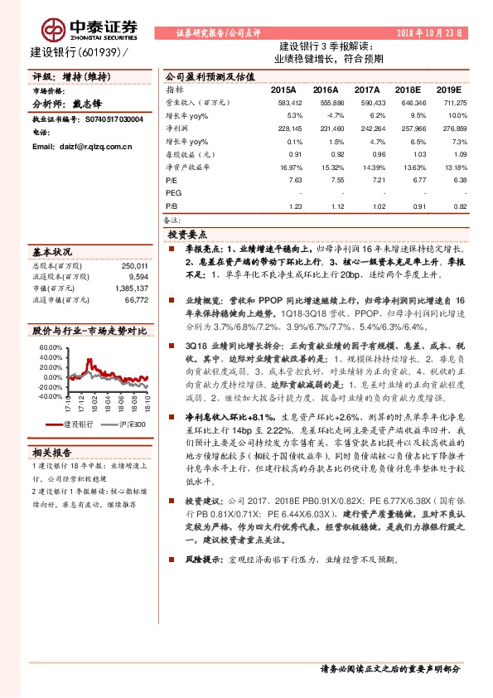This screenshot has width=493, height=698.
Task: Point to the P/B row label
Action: click(172, 204)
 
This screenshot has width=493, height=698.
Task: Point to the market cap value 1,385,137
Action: click(130, 287)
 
